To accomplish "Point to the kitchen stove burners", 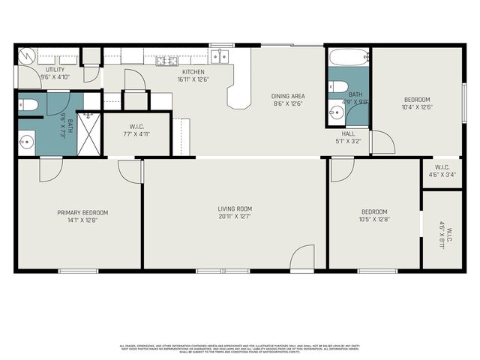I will [166, 60].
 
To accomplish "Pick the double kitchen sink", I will [220, 56].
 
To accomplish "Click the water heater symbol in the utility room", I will [27, 56].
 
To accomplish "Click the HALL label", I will [348, 133].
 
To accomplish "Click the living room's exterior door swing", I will [303, 258].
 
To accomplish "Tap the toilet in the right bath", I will [337, 86].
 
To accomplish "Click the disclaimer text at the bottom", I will [240, 348].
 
